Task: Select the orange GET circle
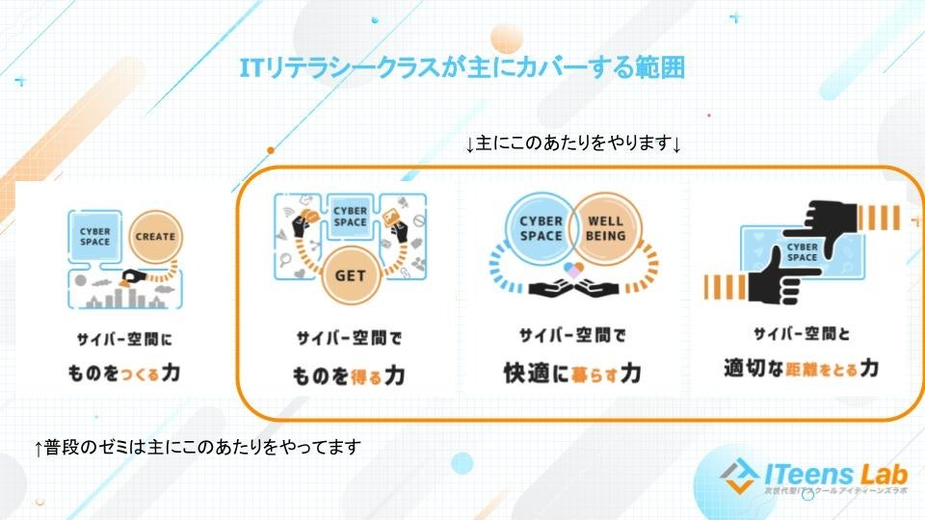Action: (x=350, y=273)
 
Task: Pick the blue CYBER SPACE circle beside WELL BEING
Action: (x=542, y=228)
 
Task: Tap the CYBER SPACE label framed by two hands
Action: (x=803, y=252)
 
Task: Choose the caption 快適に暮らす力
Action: (x=572, y=372)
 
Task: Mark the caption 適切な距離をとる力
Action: (x=801, y=367)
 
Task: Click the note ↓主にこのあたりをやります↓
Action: (x=573, y=144)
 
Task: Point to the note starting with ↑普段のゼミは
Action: (x=197, y=447)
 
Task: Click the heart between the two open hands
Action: (x=573, y=271)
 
